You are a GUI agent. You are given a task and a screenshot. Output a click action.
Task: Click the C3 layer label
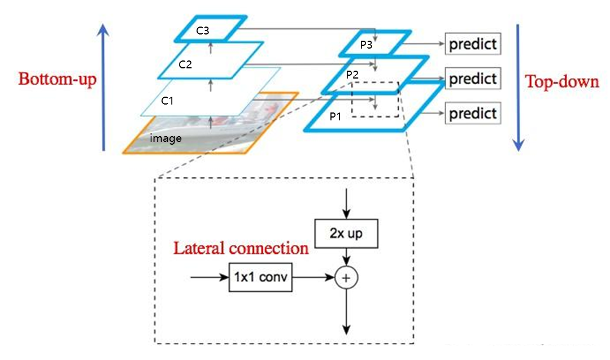click(x=203, y=31)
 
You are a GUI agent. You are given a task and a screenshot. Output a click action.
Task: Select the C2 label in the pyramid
click(x=185, y=65)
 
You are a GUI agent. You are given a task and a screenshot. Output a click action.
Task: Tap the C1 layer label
click(x=167, y=101)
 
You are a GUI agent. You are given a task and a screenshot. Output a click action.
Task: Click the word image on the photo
click(x=165, y=137)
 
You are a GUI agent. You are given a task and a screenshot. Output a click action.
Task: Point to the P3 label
click(x=366, y=45)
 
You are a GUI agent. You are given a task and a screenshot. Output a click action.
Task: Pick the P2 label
click(x=352, y=75)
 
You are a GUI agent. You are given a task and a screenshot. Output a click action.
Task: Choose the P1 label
click(x=335, y=116)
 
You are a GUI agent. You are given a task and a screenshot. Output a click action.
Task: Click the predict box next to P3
click(x=473, y=44)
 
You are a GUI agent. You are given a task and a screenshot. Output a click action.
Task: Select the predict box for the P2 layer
click(x=473, y=79)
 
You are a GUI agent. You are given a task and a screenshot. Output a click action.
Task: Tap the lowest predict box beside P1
click(x=473, y=114)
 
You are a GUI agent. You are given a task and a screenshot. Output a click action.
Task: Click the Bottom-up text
click(x=57, y=79)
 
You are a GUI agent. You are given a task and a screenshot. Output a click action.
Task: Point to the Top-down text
click(x=562, y=82)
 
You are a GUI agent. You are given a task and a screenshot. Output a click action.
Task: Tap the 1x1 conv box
click(x=260, y=277)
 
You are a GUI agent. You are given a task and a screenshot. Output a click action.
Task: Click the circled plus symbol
click(x=347, y=277)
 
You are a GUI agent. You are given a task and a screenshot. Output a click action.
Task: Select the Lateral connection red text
click(x=241, y=248)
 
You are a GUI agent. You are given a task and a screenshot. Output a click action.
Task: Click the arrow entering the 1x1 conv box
click(x=209, y=277)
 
